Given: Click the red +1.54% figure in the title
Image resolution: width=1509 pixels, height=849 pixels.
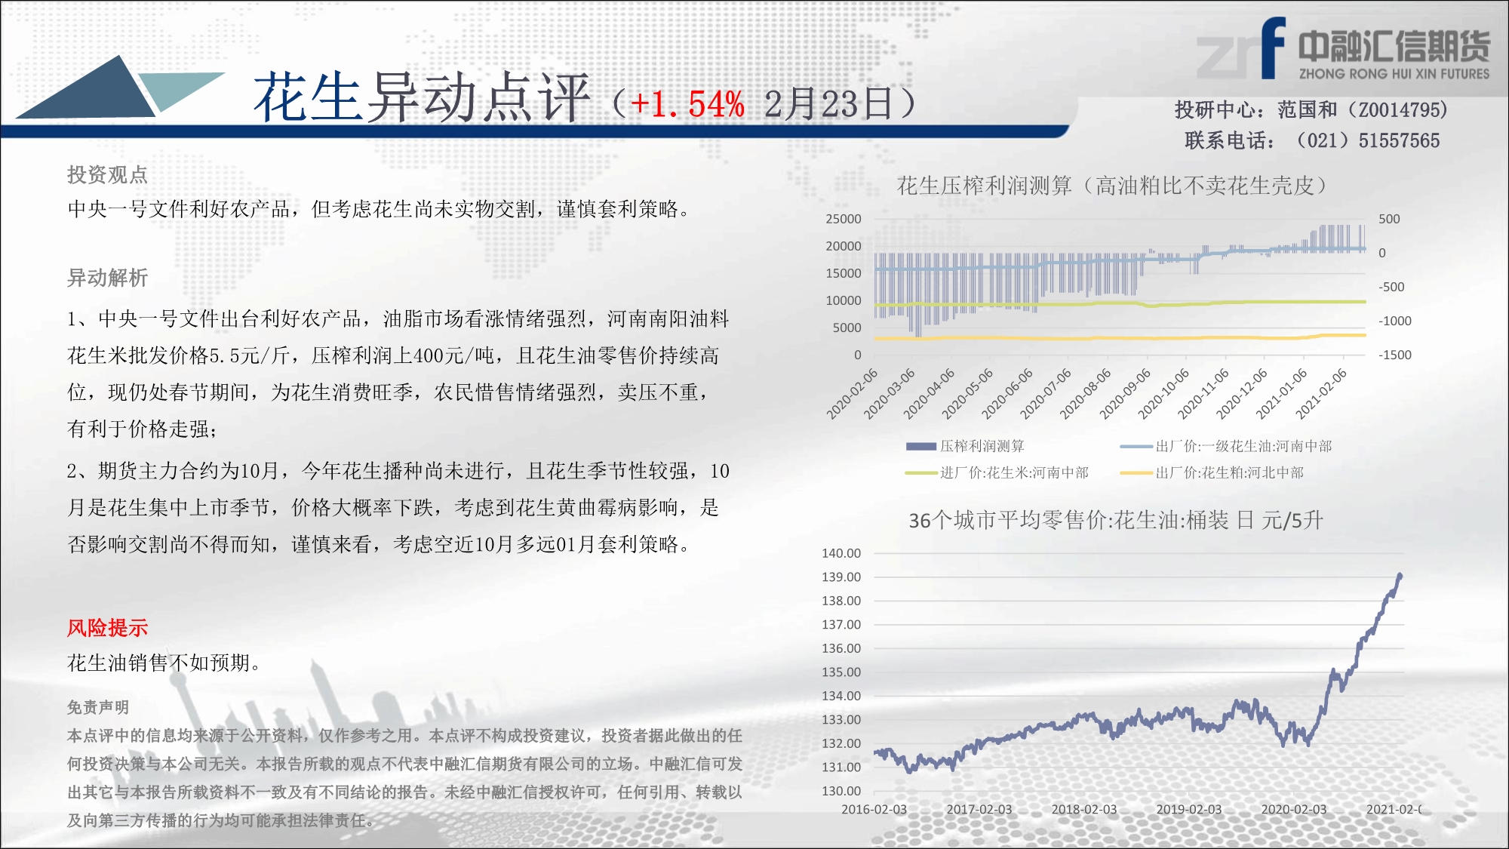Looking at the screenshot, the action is pos(687,104).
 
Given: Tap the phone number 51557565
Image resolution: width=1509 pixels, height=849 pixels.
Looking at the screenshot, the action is pos(1399,141).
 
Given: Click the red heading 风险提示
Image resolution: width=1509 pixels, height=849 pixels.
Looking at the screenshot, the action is pos(107,628).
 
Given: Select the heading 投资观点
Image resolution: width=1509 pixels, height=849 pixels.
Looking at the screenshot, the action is pos(107,175).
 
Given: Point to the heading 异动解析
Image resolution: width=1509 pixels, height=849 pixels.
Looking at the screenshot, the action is pos(107,278).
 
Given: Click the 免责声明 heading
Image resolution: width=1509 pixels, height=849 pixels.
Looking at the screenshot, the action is pos(98,707).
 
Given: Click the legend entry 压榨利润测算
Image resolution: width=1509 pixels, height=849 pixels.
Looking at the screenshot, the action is pos(965,446).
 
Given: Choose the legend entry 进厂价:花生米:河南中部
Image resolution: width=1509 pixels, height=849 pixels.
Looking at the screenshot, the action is pos(997,472).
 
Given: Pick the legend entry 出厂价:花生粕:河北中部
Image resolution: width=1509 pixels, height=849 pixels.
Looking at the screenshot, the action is pos(1212,472).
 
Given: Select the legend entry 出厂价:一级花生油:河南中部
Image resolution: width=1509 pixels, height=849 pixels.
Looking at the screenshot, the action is pos(1226,446).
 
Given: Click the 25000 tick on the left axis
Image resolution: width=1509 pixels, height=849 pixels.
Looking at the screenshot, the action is pos(844,219).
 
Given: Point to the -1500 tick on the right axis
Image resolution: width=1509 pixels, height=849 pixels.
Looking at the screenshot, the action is pos(1395,355).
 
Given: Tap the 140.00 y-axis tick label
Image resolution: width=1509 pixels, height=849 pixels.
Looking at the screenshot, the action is pos(841,553).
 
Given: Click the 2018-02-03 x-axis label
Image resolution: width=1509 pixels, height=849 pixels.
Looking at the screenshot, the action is pos(1084,809).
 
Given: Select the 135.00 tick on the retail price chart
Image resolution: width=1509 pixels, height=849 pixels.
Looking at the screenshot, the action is pos(841,672).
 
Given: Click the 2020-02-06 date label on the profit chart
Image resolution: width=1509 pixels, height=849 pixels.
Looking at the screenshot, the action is pos(852,394).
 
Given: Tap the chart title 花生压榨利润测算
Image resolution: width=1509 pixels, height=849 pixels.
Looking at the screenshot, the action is pos(984,186).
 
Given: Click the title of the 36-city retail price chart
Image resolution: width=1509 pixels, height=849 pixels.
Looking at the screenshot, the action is pos(1116,520).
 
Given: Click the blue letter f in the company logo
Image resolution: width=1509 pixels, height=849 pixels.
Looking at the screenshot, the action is pos(1273,48).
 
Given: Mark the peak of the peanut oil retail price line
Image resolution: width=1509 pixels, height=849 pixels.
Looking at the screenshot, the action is pos(1400,575).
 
